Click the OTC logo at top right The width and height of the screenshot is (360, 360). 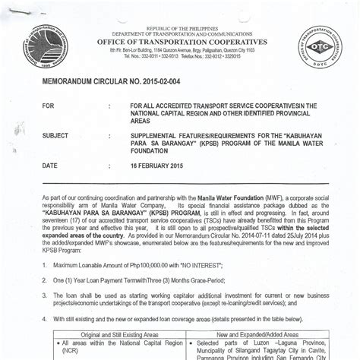tap(320, 46)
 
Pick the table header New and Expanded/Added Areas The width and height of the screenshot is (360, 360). tap(257, 335)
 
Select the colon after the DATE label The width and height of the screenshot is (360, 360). tap(110, 165)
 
